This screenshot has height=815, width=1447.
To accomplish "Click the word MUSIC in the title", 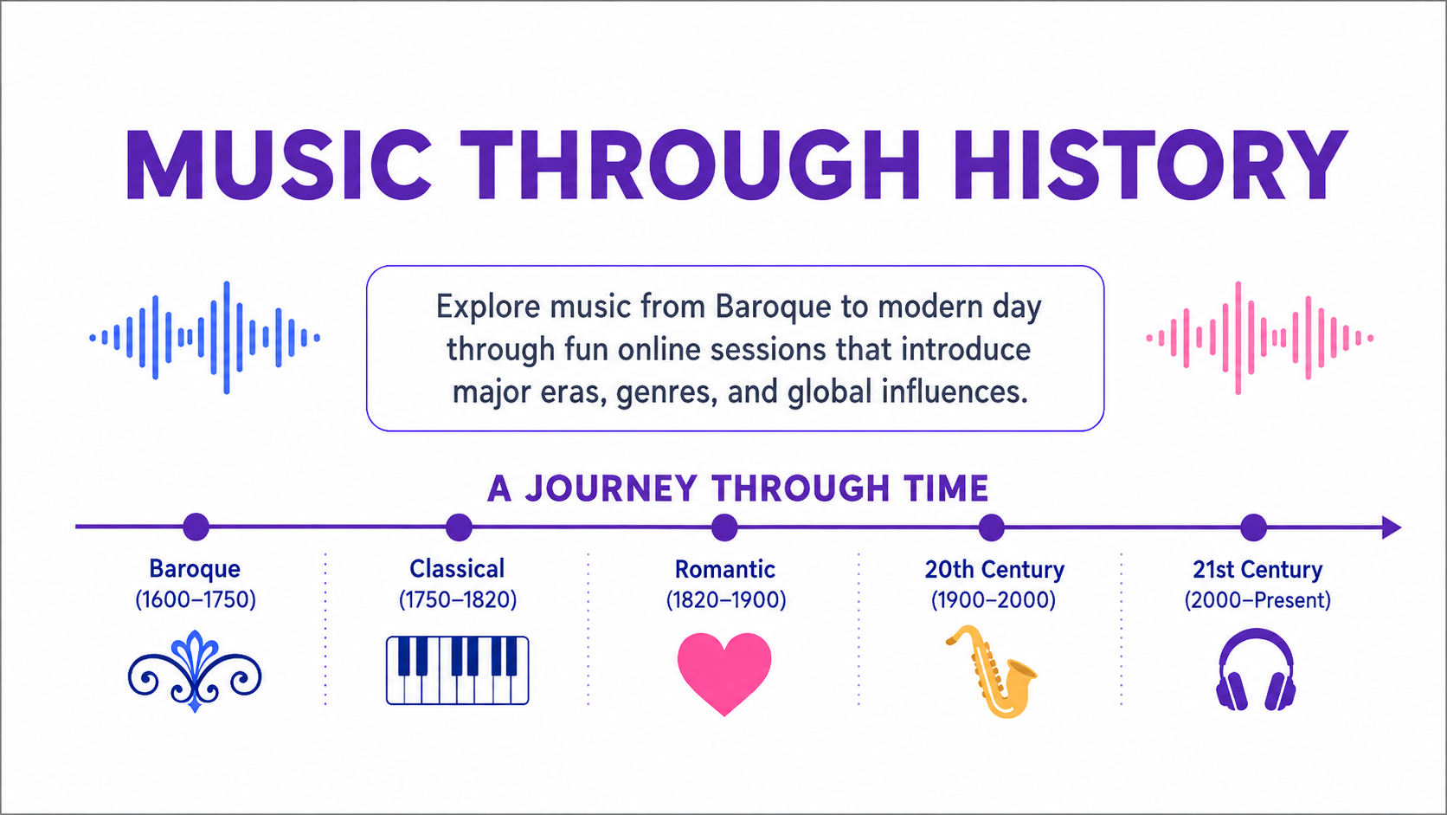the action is tap(279, 165).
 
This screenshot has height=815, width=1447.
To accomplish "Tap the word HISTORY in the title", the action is tap(1151, 165).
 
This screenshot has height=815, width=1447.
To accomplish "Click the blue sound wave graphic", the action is tap(205, 338).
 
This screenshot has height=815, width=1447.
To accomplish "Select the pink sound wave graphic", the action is tap(1260, 338).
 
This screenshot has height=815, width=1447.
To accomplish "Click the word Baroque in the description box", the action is tap(773, 307).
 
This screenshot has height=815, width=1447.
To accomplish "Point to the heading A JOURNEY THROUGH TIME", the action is tap(737, 488).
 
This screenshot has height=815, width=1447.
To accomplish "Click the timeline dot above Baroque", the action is tap(196, 527).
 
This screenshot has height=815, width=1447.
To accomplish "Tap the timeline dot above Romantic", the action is tap(724, 527).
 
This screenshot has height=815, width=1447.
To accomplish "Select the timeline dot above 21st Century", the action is tap(1254, 527).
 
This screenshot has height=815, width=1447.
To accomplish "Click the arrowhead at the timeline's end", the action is tap(1392, 527).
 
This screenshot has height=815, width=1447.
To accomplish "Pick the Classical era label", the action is tap(457, 569).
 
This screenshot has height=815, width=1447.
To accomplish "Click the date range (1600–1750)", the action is tap(196, 600).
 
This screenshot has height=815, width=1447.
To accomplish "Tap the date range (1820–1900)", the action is tap(726, 600).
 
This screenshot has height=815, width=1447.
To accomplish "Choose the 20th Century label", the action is tap(994, 569).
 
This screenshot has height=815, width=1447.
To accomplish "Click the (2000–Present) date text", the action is tap(1257, 600).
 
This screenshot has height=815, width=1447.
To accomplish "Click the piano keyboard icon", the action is tap(457, 670).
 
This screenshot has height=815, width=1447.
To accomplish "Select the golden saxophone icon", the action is tap(992, 672).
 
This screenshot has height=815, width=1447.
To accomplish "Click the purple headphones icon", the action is tap(1256, 670).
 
